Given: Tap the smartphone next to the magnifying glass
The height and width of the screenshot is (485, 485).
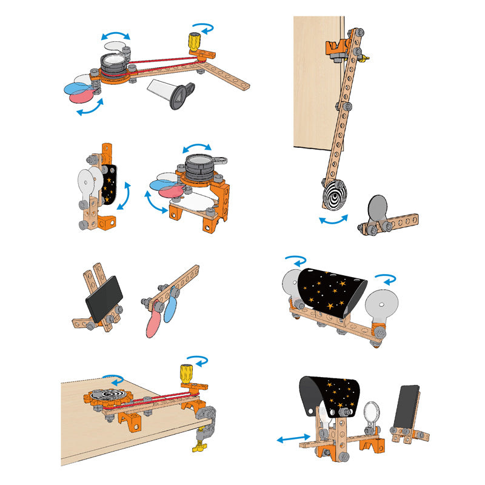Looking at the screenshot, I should click(x=407, y=407).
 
